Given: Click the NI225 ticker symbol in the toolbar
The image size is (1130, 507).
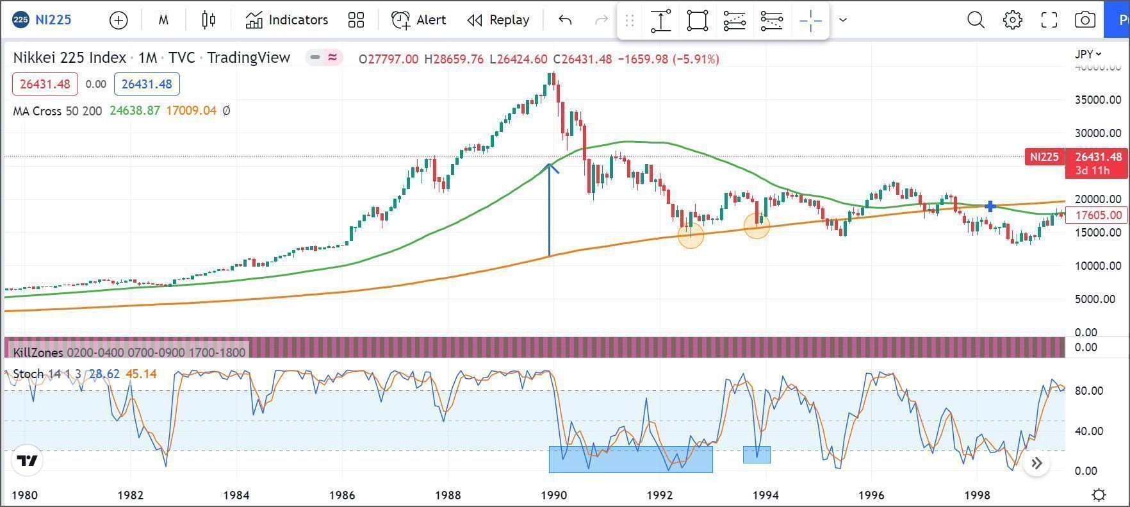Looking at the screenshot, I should [53, 20].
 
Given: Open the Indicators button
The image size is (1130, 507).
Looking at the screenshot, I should [286, 20].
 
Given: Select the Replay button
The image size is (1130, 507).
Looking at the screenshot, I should [498, 20].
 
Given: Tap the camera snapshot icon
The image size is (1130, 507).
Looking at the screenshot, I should [1085, 20].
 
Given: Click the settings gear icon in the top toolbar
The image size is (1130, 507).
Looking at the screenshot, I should [1012, 20].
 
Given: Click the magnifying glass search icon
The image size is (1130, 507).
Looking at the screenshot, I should [976, 20].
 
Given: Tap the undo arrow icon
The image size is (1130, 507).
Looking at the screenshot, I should [565, 20].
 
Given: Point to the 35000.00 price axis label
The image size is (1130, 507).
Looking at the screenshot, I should [1097, 100].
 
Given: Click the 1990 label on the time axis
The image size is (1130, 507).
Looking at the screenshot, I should [553, 495].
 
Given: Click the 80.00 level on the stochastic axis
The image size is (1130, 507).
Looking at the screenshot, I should [1088, 390].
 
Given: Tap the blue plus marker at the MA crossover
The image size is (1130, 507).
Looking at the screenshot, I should [990, 206].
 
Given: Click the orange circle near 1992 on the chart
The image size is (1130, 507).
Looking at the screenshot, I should [691, 235].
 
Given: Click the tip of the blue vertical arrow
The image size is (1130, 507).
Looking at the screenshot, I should [550, 165].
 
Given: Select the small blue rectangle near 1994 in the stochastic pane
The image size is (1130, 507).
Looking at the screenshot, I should [757, 454].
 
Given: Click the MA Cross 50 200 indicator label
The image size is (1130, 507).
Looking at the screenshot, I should [58, 111].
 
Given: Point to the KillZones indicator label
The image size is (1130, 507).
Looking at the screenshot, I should [38, 353].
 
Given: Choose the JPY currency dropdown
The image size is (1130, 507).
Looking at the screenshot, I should [1088, 54].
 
